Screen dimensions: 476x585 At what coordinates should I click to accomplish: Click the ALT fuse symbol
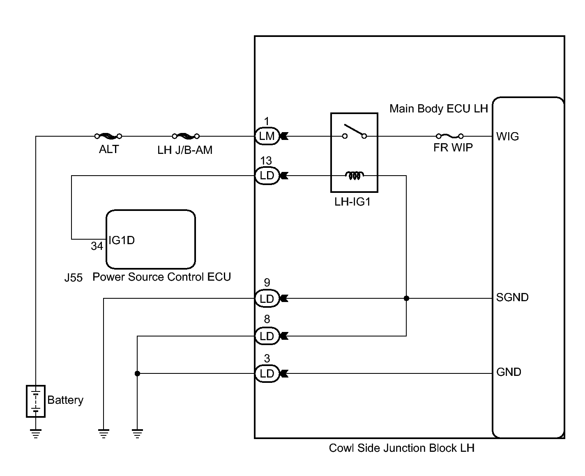pos(108,136)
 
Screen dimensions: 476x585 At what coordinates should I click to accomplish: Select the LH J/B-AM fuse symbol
pos(186,136)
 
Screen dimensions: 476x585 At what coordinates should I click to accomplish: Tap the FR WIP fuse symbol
pos(449,136)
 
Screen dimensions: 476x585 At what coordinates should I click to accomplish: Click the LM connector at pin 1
pos(267,136)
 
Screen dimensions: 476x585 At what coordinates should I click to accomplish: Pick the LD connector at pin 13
pos(267,176)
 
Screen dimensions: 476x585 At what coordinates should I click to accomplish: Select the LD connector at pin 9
pos(267,298)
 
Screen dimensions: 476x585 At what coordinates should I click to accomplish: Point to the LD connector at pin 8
pos(267,336)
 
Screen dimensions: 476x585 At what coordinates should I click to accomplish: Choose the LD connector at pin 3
pos(267,373)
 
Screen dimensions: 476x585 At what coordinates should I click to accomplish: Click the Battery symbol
pos(36,401)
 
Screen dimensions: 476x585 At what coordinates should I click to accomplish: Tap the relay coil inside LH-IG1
pos(354,176)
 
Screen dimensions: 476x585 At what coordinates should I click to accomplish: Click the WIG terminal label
pos(507,137)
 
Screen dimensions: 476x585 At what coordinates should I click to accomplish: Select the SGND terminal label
pos(512,297)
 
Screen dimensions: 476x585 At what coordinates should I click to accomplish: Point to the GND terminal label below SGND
pos(509,372)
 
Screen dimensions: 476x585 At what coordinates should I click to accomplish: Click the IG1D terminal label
pos(122,240)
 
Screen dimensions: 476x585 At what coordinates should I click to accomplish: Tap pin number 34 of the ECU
pos(97,246)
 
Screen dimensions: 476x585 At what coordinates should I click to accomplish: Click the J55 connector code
pos(74,278)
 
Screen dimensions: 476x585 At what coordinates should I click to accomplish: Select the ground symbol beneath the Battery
pos(36,433)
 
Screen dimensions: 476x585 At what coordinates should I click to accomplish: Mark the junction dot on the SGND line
pos(406,298)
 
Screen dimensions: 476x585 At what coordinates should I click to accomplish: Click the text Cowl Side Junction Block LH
pos(401,448)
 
